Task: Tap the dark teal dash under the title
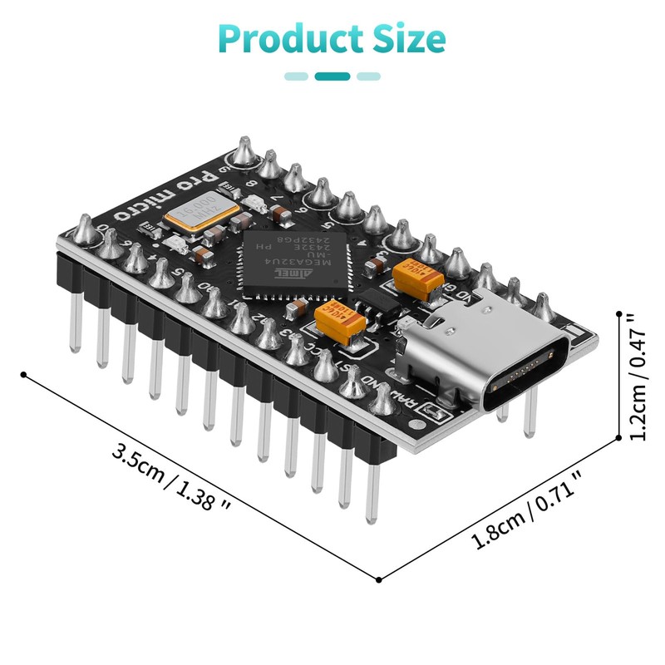332,76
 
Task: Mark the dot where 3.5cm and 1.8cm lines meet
380,579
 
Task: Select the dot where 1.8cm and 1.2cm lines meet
619,438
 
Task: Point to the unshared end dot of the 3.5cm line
22,374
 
